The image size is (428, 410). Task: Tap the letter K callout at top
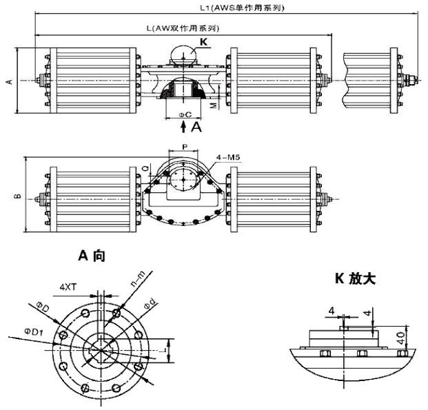(204, 43)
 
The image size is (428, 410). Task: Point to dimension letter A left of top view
(9, 81)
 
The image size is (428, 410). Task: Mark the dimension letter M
(213, 105)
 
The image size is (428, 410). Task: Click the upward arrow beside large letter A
(183, 127)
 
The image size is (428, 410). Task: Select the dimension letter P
(184, 146)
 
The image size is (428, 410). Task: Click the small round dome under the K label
(181, 54)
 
